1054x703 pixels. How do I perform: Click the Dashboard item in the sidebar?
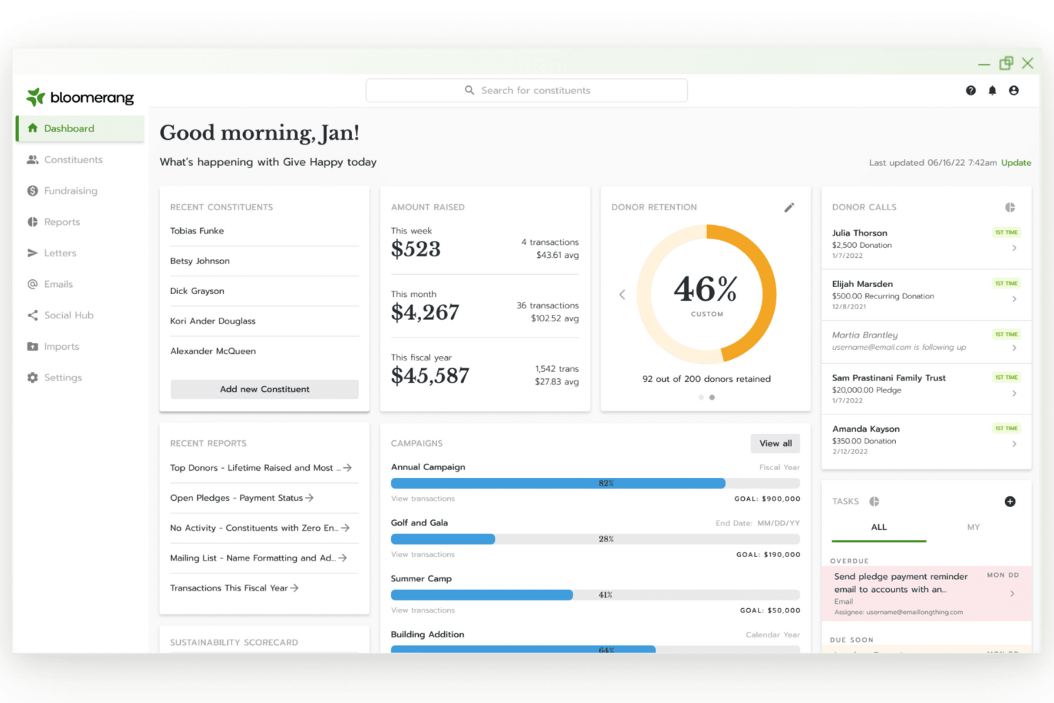69,128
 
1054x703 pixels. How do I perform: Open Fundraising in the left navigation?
70,191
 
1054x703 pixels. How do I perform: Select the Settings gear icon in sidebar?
33,377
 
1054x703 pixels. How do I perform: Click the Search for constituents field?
527,90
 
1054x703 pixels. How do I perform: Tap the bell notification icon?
992,90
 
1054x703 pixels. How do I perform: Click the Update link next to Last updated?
1016,162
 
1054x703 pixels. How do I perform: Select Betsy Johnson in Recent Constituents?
200,261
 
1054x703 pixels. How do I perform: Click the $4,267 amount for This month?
425,312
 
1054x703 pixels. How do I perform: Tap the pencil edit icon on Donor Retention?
789,207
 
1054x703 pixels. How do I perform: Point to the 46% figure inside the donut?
706,289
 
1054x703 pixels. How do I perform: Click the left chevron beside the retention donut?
622,294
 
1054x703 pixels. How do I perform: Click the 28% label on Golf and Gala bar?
606,539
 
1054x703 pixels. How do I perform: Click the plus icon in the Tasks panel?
1010,501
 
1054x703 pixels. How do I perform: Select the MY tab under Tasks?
973,527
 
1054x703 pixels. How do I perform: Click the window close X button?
1028,63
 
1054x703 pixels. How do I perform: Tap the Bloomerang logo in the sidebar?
80,97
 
